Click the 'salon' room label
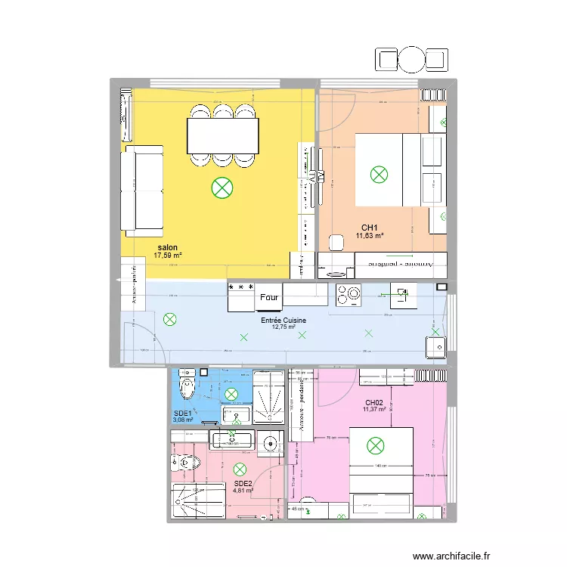(x=167, y=248)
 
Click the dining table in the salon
(x=222, y=137)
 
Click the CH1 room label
(x=369, y=228)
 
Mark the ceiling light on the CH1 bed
(x=379, y=175)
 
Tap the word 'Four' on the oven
(x=269, y=298)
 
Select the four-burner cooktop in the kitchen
(x=350, y=296)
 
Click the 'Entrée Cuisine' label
(x=283, y=321)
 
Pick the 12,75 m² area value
(x=283, y=329)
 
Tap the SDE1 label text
(x=183, y=414)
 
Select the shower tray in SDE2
(x=199, y=501)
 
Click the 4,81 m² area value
(x=243, y=491)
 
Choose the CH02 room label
(x=374, y=402)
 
